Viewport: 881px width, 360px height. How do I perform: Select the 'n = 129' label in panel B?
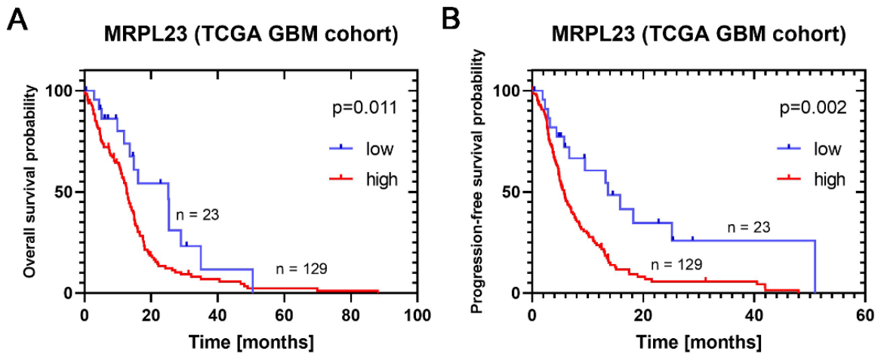(676, 263)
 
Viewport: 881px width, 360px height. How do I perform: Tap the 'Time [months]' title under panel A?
(251, 340)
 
